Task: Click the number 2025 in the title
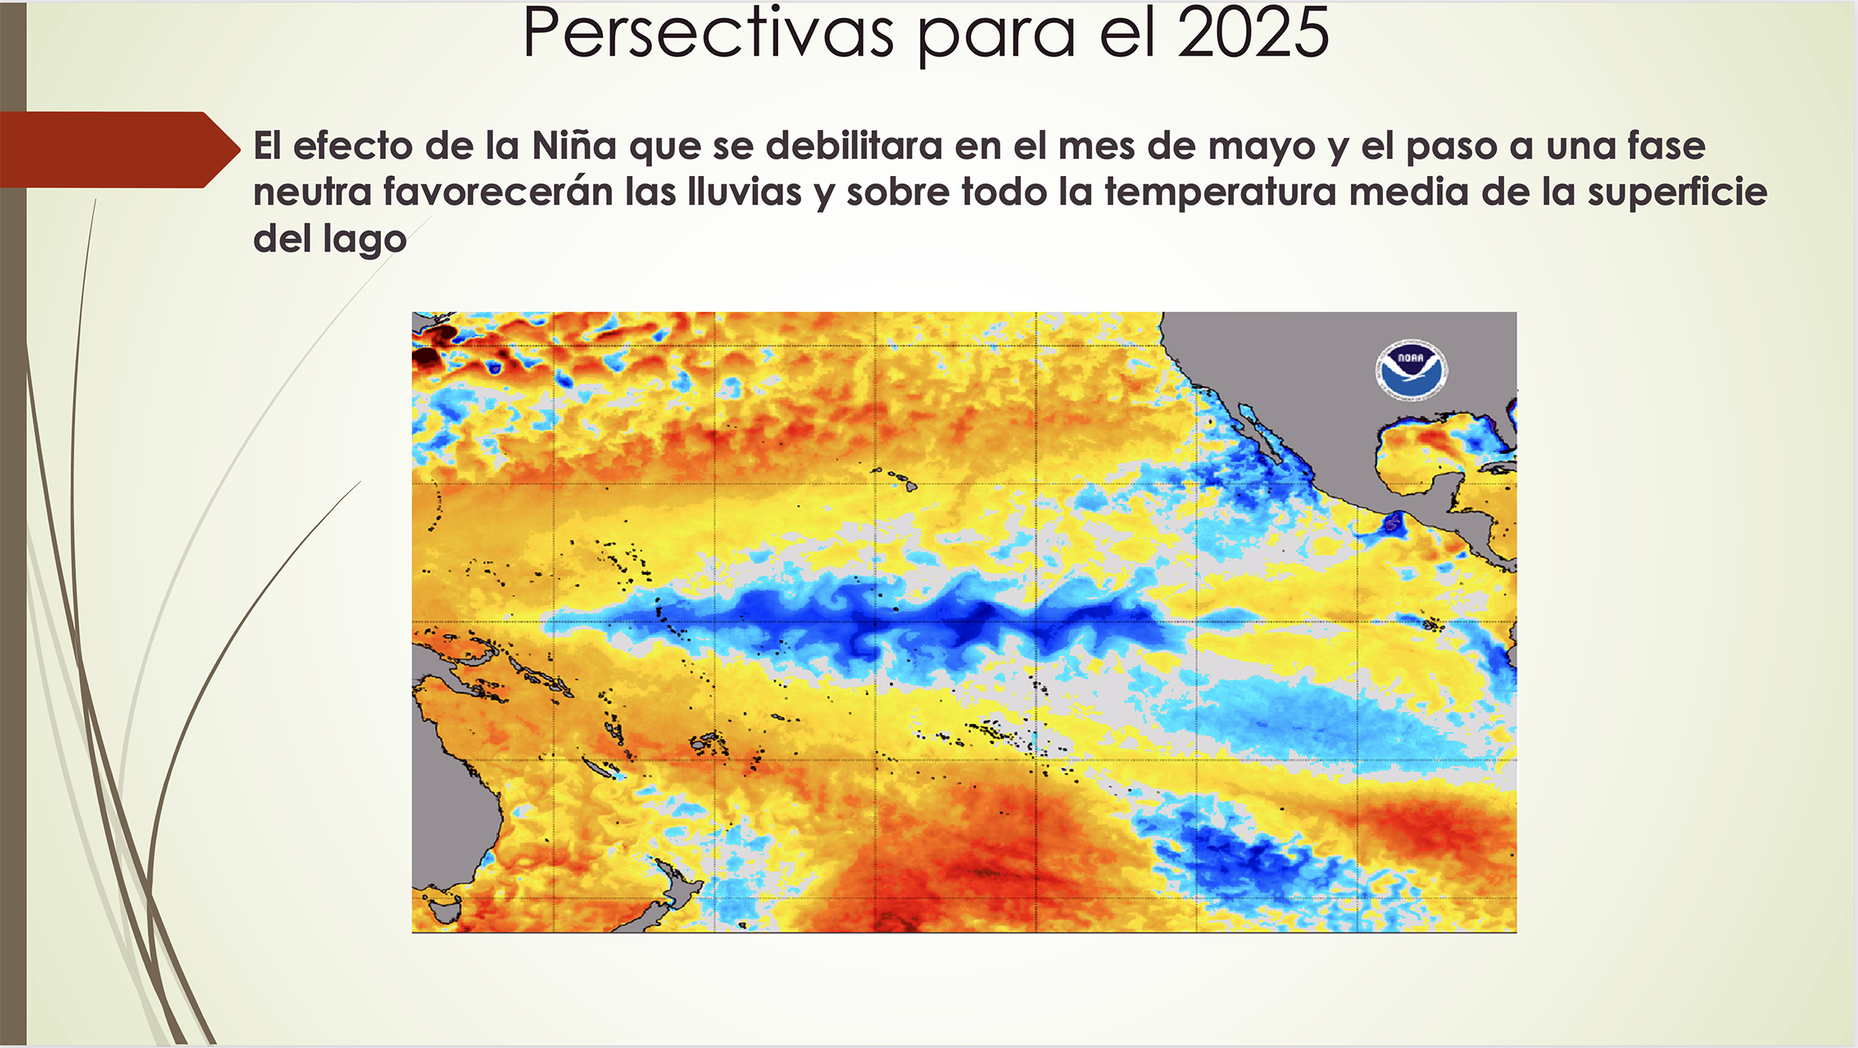(x=1253, y=33)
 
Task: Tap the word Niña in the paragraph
(x=573, y=146)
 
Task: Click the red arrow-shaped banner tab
(x=120, y=150)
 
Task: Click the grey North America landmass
(x=1344, y=393)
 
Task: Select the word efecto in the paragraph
(x=352, y=146)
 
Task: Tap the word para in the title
(x=995, y=38)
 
